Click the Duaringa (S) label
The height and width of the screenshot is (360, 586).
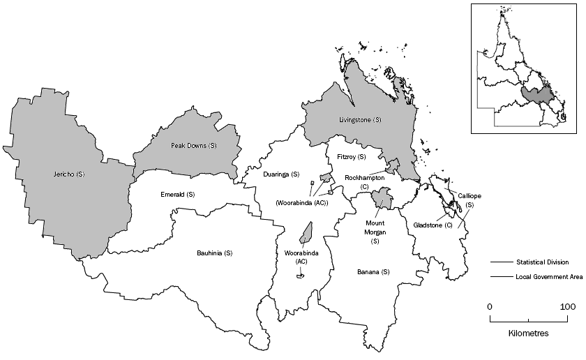281,174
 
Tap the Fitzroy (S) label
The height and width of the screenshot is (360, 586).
351,157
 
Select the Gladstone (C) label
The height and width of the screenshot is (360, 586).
433,225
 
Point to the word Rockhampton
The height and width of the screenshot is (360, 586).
364,178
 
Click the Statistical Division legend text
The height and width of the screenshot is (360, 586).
542,262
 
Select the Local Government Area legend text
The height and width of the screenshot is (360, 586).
549,278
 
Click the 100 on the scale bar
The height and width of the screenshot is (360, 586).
566,307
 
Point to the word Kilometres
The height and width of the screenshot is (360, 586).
528,333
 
